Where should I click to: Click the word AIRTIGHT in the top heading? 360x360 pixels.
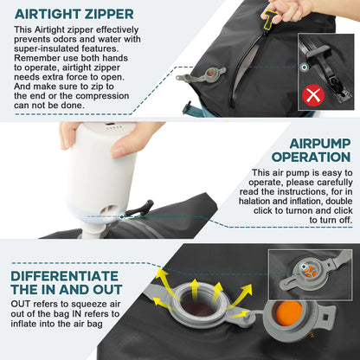[x=47, y=14]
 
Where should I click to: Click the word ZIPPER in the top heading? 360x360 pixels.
[x=108, y=14]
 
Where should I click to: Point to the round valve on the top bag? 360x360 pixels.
[x=208, y=80]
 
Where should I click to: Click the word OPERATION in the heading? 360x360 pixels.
[x=312, y=157]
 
